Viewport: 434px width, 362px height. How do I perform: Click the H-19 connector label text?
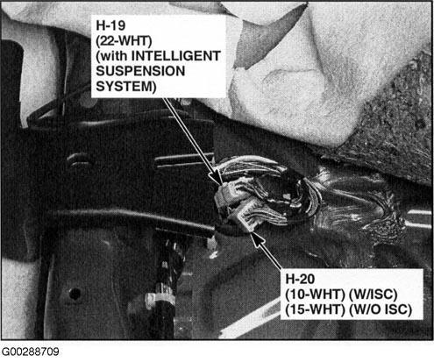110,25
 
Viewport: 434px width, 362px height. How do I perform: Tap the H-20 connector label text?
300,279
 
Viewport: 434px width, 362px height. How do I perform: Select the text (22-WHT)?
124,41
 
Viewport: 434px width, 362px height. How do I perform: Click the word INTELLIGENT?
176,56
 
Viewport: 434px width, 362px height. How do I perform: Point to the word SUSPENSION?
140,71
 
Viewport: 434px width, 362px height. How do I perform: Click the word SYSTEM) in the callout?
126,87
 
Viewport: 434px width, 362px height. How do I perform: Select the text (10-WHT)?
316,295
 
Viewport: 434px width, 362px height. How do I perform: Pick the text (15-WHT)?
316,309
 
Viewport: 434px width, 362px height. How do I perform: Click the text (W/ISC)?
374,295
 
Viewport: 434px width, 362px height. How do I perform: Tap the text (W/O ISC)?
381,309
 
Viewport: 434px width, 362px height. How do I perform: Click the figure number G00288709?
31,351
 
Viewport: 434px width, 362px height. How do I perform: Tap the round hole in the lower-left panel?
75,294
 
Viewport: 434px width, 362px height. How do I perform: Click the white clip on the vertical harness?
160,298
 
